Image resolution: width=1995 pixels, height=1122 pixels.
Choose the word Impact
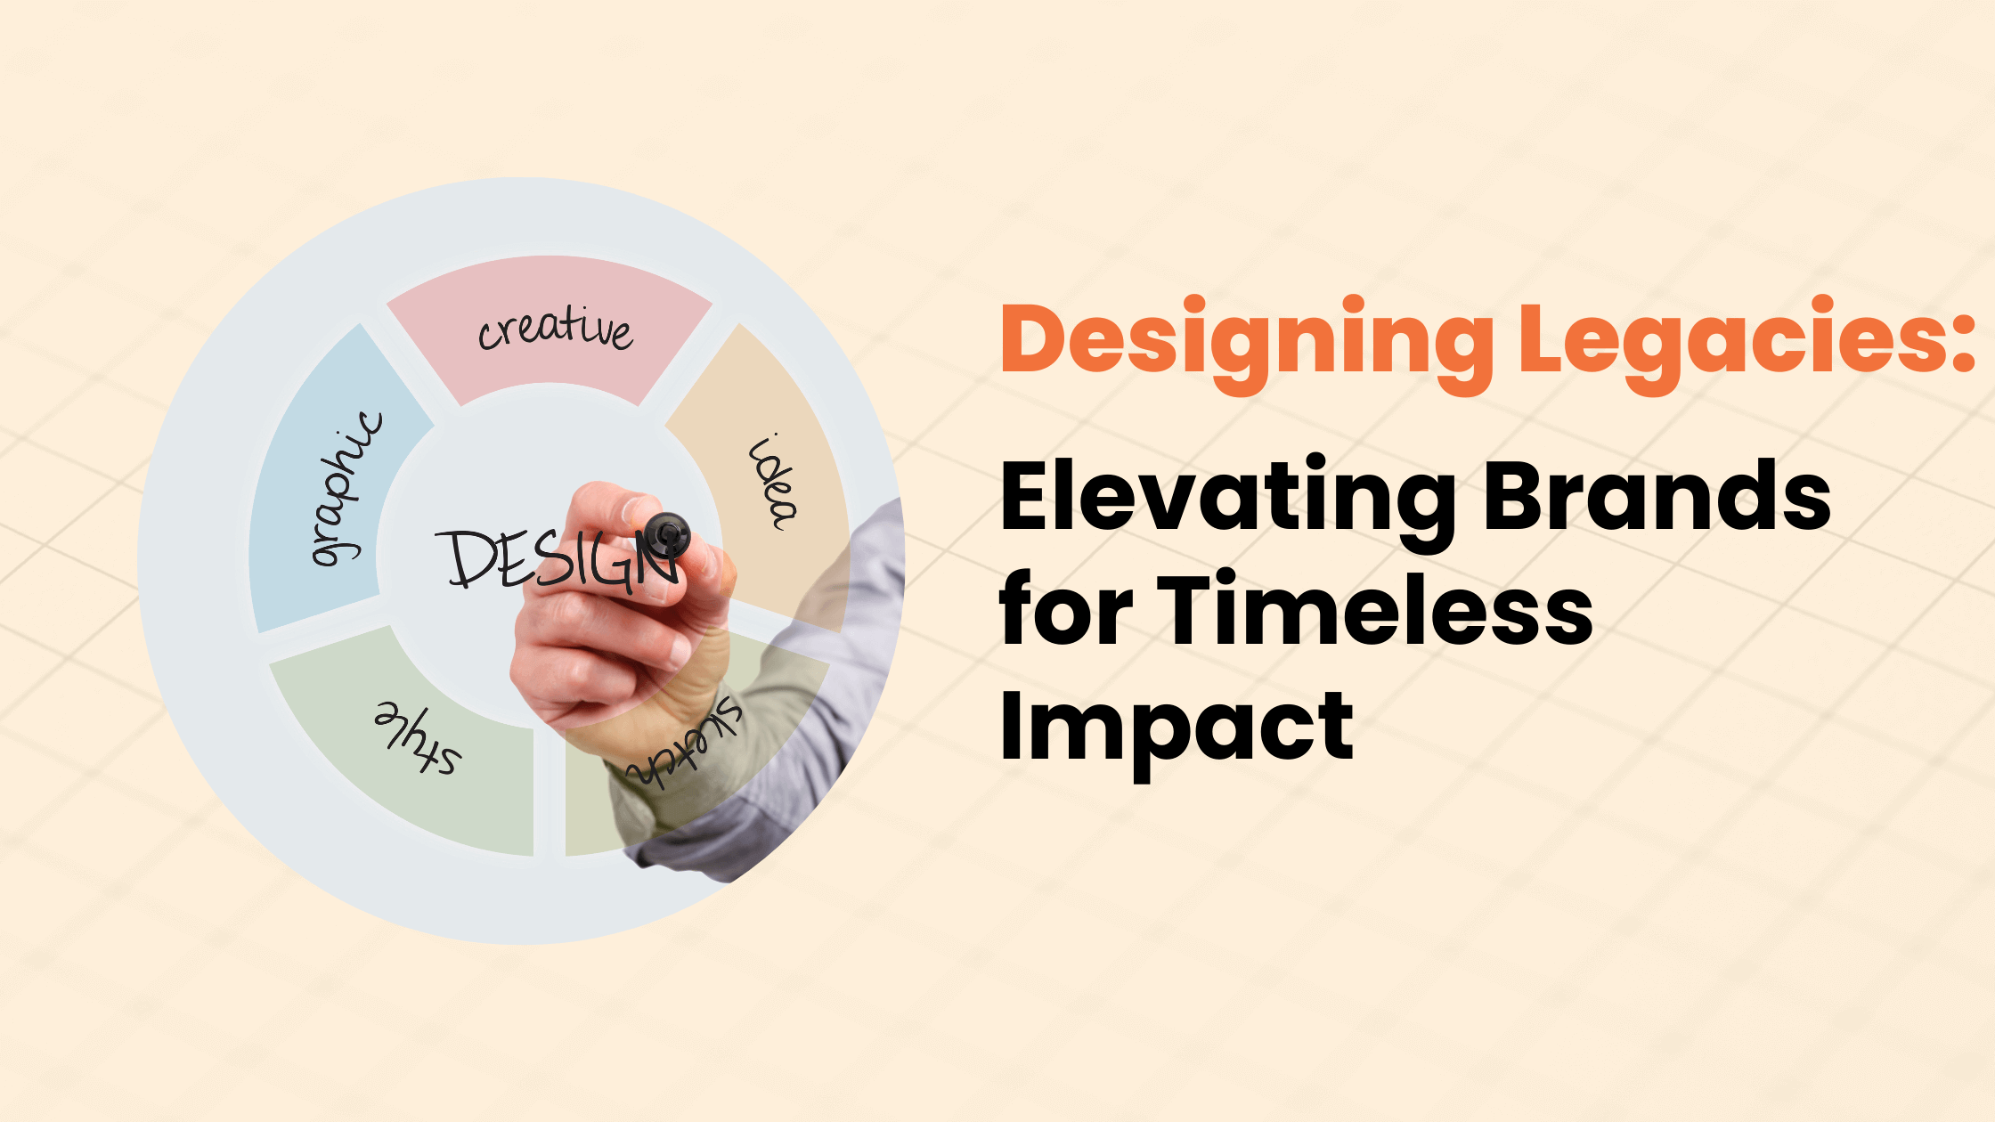click(x=1177, y=728)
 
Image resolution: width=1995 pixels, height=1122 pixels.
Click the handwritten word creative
click(x=556, y=329)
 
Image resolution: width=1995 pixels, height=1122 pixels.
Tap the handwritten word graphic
click(x=346, y=489)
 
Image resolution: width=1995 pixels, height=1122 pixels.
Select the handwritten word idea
click(x=772, y=482)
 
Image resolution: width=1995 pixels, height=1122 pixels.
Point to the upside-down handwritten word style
click(x=417, y=738)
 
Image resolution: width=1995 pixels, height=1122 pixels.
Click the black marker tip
click(x=667, y=535)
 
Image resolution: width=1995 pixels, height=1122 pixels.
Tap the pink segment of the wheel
click(x=550, y=330)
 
